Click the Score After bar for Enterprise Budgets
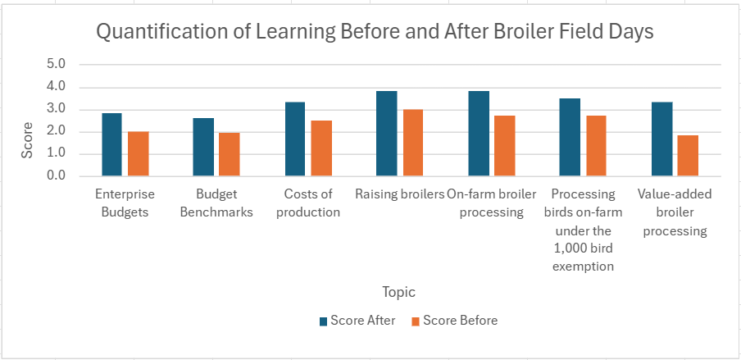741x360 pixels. (111, 144)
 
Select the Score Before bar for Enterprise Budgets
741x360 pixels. (139, 154)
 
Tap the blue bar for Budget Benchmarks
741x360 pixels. (203, 147)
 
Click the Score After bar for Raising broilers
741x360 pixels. (386, 134)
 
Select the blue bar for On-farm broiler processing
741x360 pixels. (478, 134)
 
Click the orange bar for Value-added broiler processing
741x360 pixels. (688, 156)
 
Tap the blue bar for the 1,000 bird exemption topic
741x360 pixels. (570, 137)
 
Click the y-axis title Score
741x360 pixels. (27, 141)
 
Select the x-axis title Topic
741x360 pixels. (398, 292)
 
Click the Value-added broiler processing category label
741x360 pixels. (675, 212)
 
